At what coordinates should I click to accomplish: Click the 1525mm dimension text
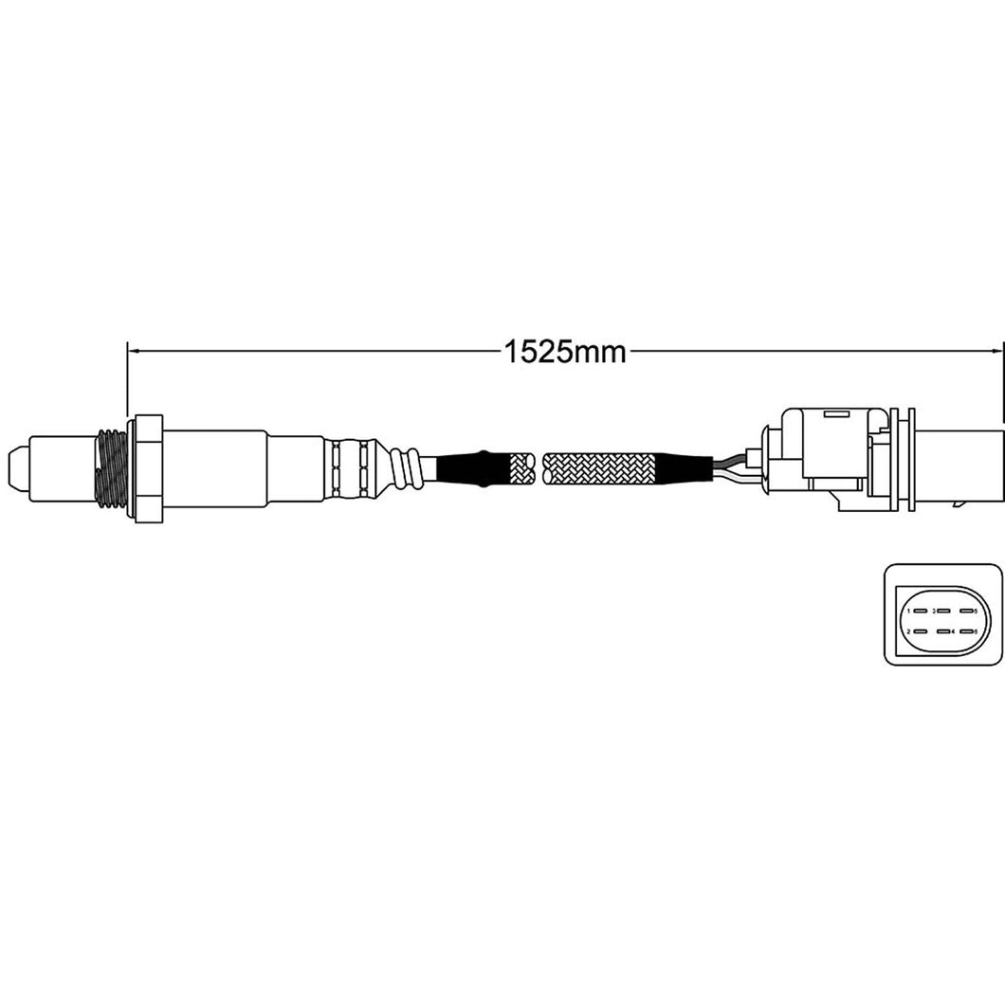(564, 352)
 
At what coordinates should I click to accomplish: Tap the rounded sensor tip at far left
(17, 466)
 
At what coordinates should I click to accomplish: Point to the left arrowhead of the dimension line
(134, 351)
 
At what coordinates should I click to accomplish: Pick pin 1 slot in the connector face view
(921, 612)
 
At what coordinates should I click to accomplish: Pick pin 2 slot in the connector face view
(921, 630)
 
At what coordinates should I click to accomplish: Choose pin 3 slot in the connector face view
(943, 612)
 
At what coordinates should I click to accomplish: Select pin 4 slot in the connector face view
(943, 630)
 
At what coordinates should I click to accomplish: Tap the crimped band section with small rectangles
(348, 466)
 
